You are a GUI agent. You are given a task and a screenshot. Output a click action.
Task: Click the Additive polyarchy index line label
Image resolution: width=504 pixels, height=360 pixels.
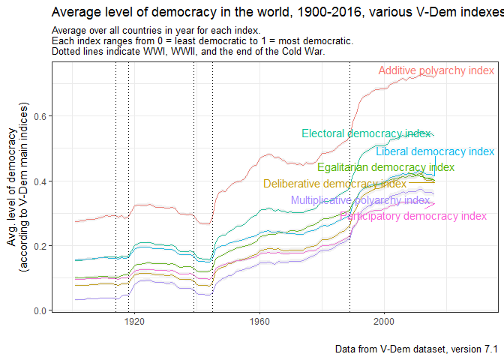[x=436, y=70]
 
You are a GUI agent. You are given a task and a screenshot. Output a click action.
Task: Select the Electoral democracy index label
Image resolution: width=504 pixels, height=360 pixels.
[x=367, y=133]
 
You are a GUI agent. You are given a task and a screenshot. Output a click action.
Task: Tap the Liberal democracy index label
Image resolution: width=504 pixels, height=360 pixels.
[x=435, y=151]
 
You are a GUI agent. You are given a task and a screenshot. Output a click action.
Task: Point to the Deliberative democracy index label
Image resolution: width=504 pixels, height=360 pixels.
[x=334, y=184]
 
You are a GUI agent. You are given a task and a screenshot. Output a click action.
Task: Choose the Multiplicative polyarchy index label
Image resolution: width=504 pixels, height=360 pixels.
[x=360, y=200]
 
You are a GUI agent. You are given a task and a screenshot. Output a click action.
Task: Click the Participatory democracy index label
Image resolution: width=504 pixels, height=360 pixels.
[x=413, y=216]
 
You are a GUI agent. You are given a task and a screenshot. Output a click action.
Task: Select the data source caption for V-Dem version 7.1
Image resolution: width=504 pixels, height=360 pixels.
[x=416, y=349]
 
